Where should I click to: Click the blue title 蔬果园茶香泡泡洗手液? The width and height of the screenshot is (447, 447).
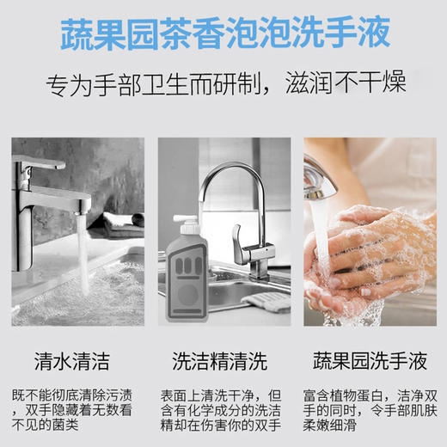223,33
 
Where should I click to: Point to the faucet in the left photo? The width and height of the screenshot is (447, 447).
52,181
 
